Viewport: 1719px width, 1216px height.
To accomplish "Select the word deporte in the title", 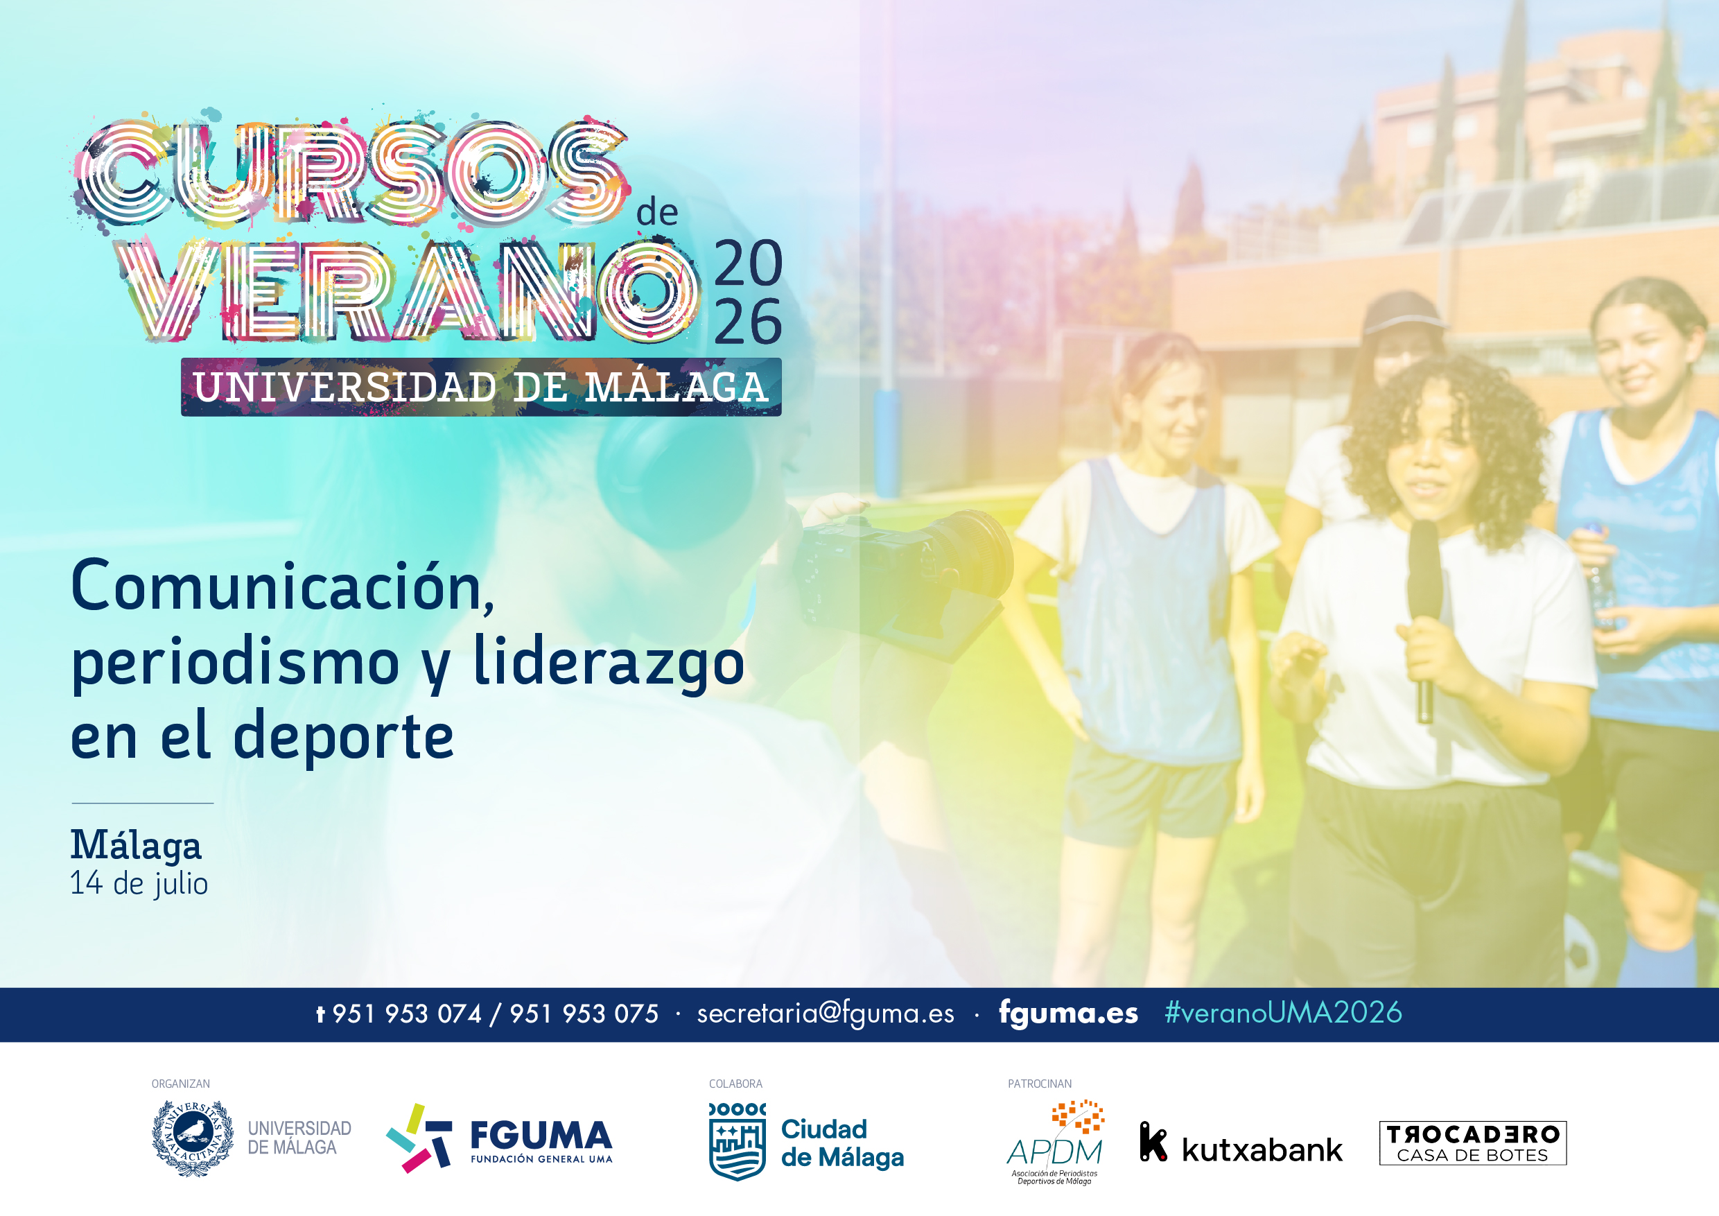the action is pos(344,737).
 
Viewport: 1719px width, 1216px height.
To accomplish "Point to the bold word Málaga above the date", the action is pos(137,845).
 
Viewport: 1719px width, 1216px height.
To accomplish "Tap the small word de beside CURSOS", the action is pos(656,213).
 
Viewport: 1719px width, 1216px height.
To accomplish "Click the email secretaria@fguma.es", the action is pos(825,1013).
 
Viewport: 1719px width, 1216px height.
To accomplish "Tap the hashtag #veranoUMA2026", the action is pos(1283,1012).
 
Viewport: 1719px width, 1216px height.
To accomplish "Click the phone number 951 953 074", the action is pos(407,1014).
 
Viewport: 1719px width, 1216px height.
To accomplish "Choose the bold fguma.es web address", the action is pos(1068,1012).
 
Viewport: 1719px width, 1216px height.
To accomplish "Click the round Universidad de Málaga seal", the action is pos(193,1138).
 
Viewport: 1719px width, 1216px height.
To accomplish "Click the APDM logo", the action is pos(1056,1142).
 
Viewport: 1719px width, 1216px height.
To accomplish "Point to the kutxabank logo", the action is pos(1241,1143).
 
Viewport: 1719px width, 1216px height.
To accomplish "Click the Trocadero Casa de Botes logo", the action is pos(1473,1143).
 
